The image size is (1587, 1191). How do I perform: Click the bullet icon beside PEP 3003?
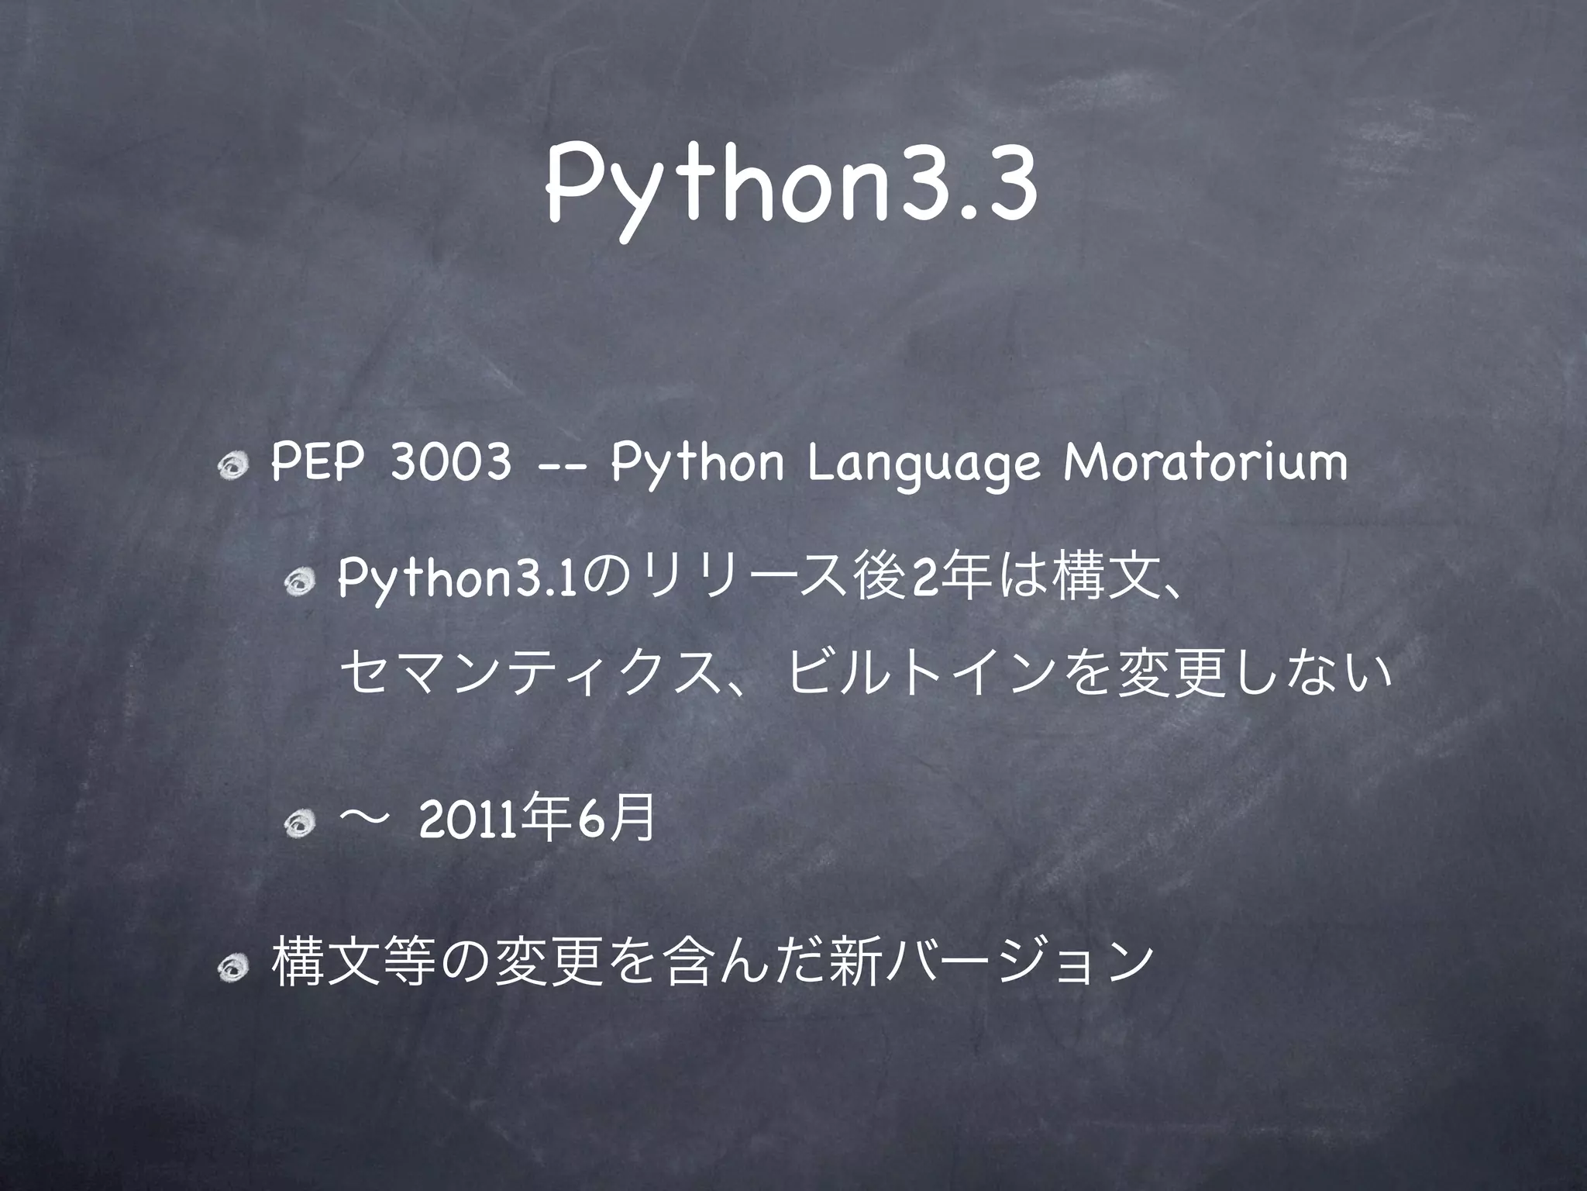coord(232,467)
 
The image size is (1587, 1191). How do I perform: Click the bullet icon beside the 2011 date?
coord(298,826)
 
